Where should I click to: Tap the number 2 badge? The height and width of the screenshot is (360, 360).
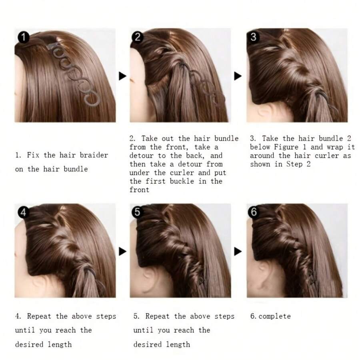[x=138, y=37]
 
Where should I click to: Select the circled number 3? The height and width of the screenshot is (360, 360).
[x=253, y=37]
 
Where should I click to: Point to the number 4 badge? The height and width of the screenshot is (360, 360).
[x=23, y=212]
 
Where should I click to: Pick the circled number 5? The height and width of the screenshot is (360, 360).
[x=138, y=212]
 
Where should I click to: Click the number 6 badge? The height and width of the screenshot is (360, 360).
[x=253, y=212]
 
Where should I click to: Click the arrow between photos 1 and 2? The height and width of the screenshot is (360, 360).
[x=122, y=76]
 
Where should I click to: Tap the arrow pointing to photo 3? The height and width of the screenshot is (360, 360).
[x=238, y=76]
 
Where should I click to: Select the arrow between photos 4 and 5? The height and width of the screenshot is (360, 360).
[x=122, y=251]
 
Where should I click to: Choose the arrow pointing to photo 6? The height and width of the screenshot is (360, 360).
[x=238, y=251]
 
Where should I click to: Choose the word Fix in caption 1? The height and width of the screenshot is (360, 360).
[x=33, y=155]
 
